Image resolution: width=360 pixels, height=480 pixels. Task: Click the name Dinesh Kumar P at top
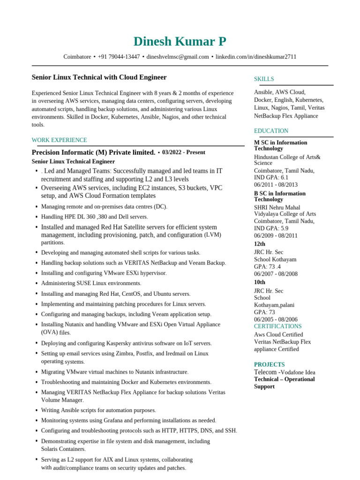180,42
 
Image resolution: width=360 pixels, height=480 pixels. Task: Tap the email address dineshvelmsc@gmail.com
178,57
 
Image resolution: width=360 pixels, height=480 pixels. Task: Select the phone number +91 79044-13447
119,57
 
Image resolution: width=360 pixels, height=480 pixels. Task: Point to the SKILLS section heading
264,79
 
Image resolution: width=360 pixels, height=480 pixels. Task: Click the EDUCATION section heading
271,131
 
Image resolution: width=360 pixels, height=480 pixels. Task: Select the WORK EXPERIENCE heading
59,140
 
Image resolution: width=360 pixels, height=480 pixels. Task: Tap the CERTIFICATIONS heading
277,326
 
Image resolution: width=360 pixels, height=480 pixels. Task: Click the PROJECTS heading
269,364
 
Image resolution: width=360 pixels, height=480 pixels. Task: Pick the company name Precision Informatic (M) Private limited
93,152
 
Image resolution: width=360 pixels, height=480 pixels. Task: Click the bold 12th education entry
259,244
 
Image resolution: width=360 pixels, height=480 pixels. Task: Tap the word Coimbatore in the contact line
77,57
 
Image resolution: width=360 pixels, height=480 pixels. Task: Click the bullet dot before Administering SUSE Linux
37,283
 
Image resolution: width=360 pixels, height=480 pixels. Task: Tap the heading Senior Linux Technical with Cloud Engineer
99,77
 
